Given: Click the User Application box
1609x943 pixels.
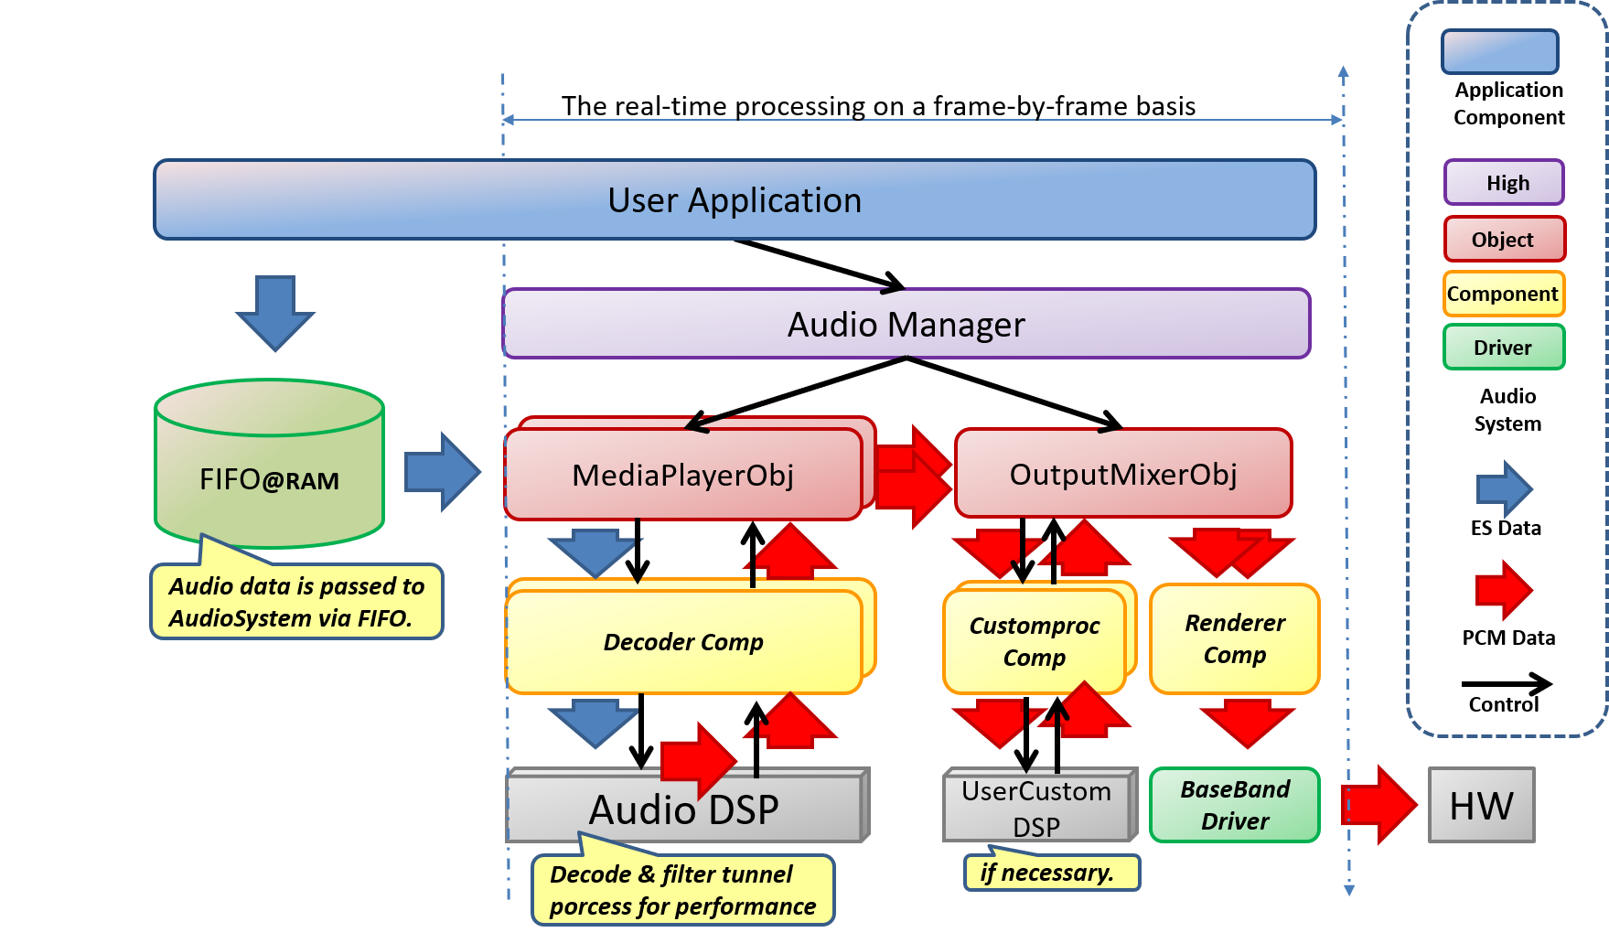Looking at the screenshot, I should pyautogui.click(x=735, y=200).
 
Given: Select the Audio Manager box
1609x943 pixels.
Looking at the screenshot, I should pyautogui.click(x=906, y=324).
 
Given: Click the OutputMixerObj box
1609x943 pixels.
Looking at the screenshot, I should pyautogui.click(x=1123, y=474).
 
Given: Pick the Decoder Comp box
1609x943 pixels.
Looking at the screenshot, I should pyautogui.click(x=683, y=642).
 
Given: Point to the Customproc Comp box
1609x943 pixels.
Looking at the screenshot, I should pyautogui.click(x=1034, y=641).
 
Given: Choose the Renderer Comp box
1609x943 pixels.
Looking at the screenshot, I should pyautogui.click(x=1234, y=638).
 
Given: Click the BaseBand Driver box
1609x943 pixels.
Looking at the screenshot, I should pyautogui.click(x=1234, y=805).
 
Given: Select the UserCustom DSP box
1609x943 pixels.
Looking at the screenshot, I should pyautogui.click(x=1036, y=806).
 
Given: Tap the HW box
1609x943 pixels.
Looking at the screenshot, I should pyautogui.click(x=1481, y=806).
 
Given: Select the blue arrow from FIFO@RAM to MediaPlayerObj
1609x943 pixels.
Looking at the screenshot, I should pyautogui.click(x=442, y=472).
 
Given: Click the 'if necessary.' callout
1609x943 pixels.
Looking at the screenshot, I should pyautogui.click(x=1051, y=873).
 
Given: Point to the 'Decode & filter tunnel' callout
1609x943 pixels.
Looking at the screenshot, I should pyautogui.click(x=682, y=890).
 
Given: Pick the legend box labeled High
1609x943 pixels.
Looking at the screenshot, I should pyautogui.click(x=1504, y=183).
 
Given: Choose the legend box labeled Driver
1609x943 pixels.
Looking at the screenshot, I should pyautogui.click(x=1504, y=348).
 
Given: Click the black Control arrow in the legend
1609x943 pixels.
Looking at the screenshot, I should pyautogui.click(x=1507, y=683).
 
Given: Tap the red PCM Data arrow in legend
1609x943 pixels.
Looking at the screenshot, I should pyautogui.click(x=1503, y=590).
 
